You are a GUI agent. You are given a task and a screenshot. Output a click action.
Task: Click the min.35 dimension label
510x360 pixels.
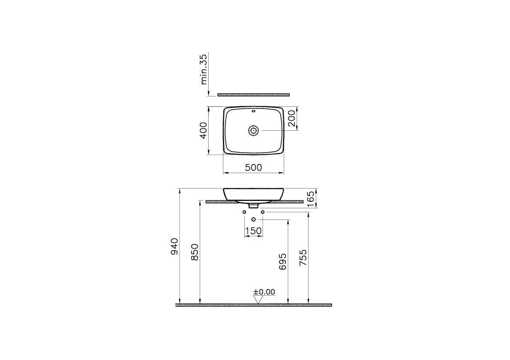pyautogui.click(x=204, y=69)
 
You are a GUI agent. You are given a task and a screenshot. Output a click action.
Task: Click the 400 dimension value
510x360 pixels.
pyautogui.click(x=203, y=130)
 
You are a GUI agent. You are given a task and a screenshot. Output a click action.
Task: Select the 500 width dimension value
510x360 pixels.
pyautogui.click(x=253, y=168)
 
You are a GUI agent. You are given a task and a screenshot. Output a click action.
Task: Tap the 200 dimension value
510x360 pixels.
pyautogui.click(x=291, y=118)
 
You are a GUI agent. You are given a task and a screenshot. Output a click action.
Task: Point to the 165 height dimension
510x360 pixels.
pyautogui.click(x=311, y=199)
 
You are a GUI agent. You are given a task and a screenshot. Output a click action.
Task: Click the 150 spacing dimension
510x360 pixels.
pyautogui.click(x=253, y=231)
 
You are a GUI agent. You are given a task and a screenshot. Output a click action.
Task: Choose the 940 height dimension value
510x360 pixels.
pyautogui.click(x=175, y=246)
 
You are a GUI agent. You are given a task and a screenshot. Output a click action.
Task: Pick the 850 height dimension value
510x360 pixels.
pyautogui.click(x=195, y=252)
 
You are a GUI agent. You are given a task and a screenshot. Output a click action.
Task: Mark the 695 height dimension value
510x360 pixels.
pyautogui.click(x=283, y=261)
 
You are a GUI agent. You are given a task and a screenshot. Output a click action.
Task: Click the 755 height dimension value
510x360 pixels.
pyautogui.click(x=303, y=258)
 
